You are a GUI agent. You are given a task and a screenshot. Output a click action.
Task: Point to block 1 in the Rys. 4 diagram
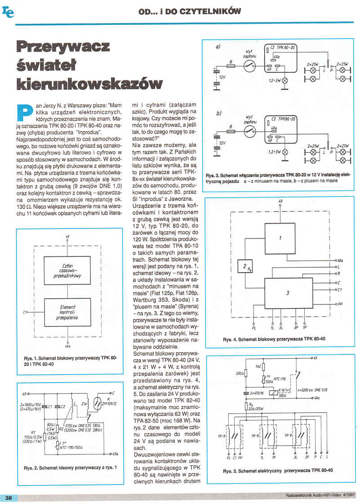coord(280,238)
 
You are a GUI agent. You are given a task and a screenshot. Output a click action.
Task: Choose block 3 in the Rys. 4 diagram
coord(288,293)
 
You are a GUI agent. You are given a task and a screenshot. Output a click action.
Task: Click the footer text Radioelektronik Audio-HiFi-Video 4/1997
coord(320,496)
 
